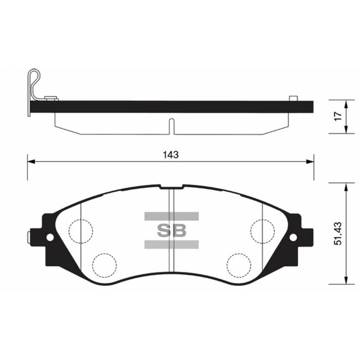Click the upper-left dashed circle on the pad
pos(81,230)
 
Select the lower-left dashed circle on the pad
pos(104,264)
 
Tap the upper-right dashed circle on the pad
pos(262,230)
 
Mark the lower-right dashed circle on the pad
pos(239,264)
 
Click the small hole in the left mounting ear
pos(50,237)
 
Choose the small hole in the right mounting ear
pos(293,237)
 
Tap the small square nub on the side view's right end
pos(293,98)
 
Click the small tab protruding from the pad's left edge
pos(29,237)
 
